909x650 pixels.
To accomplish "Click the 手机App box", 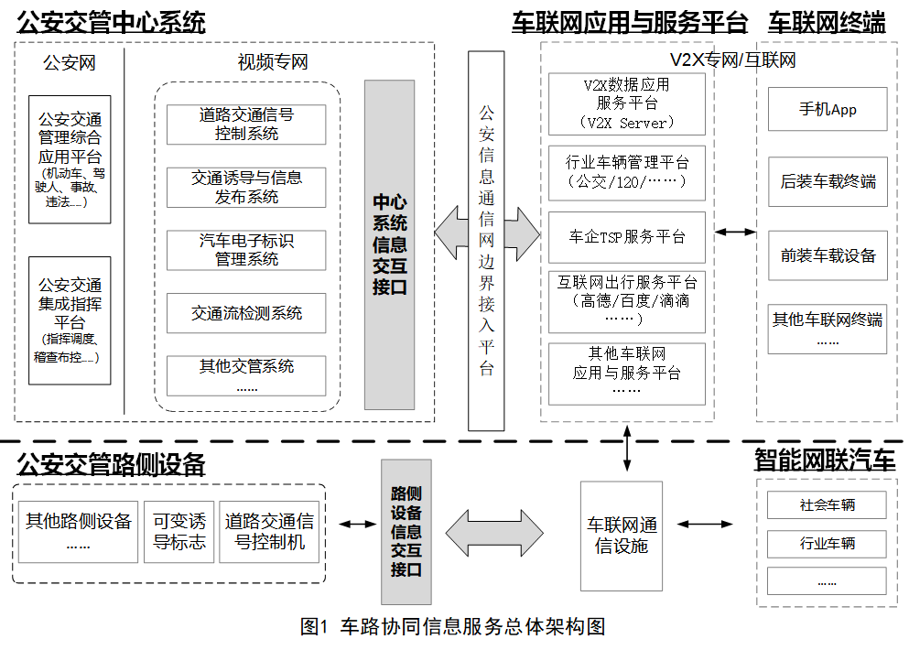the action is click(828, 109).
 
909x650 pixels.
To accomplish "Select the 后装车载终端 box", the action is click(828, 181).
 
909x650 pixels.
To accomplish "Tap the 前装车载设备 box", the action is click(828, 255).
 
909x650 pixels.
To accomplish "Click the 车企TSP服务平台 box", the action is click(627, 237).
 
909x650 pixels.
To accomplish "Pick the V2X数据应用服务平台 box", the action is click(627, 103).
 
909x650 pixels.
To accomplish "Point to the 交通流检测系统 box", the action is click(246, 313).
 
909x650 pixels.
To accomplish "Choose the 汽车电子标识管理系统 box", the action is click(246, 250).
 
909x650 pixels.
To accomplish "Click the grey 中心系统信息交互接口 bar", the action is click(390, 244).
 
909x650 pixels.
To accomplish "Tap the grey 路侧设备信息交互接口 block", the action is click(406, 532).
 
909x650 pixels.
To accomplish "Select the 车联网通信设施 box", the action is click(622, 536).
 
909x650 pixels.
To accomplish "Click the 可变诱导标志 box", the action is click(179, 532).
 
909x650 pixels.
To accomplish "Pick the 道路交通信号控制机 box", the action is click(269, 532).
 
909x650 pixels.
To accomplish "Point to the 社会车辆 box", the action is click(827, 505).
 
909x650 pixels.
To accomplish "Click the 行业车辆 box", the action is click(827, 543).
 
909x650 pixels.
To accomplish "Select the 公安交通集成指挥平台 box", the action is click(70, 320).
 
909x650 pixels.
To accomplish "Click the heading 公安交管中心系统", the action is click(111, 23).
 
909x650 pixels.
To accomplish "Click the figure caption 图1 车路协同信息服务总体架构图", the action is click(453, 627).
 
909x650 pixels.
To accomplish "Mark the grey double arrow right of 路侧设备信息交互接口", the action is click(494, 533).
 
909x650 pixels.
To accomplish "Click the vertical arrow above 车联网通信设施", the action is click(627, 449).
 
